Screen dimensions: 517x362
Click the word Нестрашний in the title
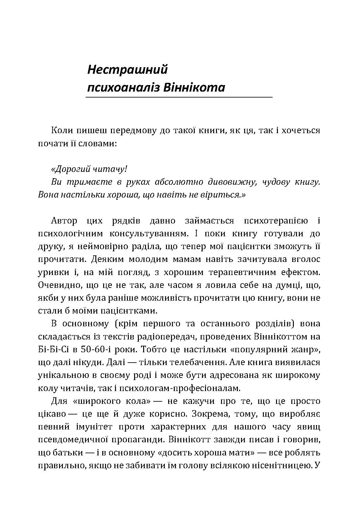pos(127,69)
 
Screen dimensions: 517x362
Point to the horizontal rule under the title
pos(179,98)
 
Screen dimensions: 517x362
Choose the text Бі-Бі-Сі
pos(52,349)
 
